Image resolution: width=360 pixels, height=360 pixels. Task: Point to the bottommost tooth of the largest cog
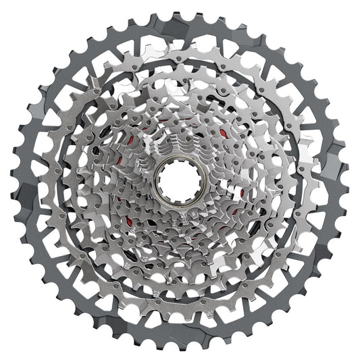click(180, 348)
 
